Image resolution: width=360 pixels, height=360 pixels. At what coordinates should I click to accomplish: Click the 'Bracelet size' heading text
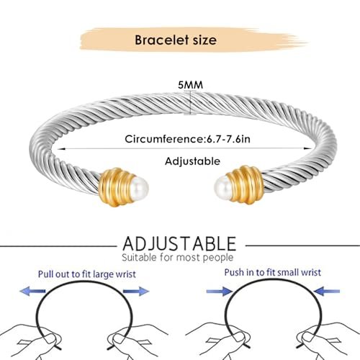tap(176, 40)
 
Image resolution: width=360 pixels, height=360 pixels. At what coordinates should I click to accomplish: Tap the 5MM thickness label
tap(191, 85)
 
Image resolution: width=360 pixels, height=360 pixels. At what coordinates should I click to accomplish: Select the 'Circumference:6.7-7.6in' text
tap(187, 139)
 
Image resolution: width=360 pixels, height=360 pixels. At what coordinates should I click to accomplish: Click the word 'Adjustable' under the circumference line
tap(192, 161)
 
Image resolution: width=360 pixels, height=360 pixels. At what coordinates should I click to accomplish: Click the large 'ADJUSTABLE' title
tap(179, 243)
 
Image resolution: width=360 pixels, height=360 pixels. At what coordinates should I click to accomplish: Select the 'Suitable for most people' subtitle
tap(178, 258)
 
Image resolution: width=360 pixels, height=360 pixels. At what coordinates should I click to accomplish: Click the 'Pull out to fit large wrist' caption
tap(87, 274)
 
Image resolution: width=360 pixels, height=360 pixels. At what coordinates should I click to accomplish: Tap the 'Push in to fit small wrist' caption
tap(273, 273)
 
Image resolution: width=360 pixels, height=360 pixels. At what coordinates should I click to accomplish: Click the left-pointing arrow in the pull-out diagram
tap(32, 292)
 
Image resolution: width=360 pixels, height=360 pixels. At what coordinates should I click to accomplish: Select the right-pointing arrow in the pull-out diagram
tap(136, 291)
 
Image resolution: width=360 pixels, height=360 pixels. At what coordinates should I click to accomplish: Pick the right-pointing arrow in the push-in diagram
tap(220, 292)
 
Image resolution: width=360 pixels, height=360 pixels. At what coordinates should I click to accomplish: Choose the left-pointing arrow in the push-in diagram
tap(327, 292)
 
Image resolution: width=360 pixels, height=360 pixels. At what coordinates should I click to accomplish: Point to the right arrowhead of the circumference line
tap(308, 148)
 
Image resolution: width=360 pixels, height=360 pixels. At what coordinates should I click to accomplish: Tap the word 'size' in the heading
tap(202, 40)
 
